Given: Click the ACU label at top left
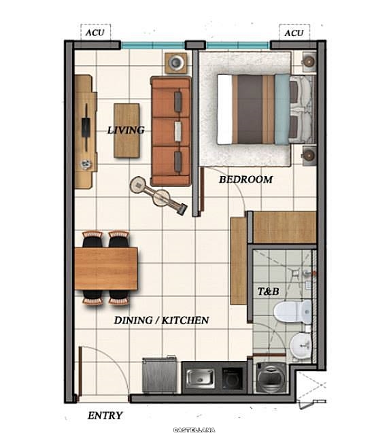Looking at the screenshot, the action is click(x=95, y=33).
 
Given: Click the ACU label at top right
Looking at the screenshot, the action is click(x=294, y=33).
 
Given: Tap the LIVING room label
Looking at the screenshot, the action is click(x=126, y=131).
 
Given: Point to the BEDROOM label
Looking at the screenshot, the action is click(x=246, y=179).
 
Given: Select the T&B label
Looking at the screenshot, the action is click(x=268, y=292).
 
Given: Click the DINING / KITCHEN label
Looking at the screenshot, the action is click(x=161, y=320).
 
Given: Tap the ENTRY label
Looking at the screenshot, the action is click(x=105, y=415).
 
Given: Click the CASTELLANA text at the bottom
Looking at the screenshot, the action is click(x=194, y=430).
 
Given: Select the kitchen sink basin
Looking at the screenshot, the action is click(x=201, y=379).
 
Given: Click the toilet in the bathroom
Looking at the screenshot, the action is click(x=292, y=312).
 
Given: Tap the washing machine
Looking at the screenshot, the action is click(x=271, y=378).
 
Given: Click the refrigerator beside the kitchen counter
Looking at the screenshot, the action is click(x=159, y=375).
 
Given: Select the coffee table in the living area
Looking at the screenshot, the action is click(x=126, y=131).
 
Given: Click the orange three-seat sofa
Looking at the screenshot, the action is click(x=171, y=131).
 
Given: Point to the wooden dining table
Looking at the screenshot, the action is click(x=106, y=269).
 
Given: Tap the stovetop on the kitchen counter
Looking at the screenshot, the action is click(x=233, y=379).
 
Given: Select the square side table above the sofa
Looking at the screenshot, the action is click(x=176, y=63).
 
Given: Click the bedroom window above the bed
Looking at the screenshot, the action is click(x=238, y=45).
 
